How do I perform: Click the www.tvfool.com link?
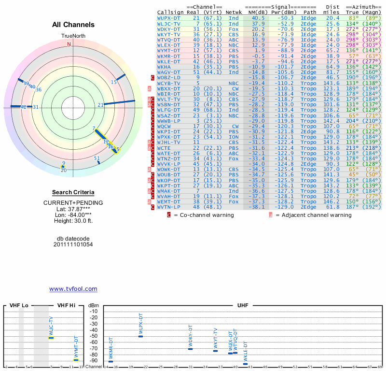coord(73,289)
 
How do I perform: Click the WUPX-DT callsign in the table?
coord(169,18)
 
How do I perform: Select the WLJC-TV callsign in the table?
coord(169,23)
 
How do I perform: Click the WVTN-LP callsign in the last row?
coord(169,207)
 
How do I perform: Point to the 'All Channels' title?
coord(73,25)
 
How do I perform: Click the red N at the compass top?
coord(69,44)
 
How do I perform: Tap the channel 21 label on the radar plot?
coord(100,105)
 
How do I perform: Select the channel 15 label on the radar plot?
coord(114,83)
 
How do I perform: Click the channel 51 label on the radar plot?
coord(97,158)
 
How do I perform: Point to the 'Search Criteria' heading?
coord(73,192)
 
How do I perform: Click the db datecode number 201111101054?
coord(73,244)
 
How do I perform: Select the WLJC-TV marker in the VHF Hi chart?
coord(51,338)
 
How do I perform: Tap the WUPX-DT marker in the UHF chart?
coord(141,336)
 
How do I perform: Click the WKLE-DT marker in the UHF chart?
coord(245,364)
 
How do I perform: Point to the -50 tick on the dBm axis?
coord(93,336)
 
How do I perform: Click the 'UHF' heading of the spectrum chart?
coord(243,306)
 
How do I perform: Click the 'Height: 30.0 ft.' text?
coord(73,221)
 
